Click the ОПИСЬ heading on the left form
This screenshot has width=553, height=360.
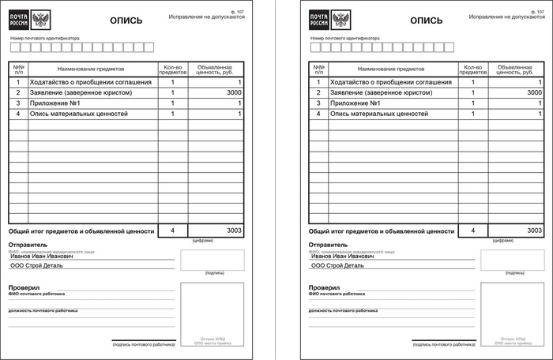[x=126, y=22]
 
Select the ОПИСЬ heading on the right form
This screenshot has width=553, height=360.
[x=427, y=22]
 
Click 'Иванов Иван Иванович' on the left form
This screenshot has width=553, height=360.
[x=42, y=257]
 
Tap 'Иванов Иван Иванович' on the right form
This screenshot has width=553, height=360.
[x=343, y=257]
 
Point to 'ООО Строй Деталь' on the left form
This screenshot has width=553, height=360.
[x=37, y=266]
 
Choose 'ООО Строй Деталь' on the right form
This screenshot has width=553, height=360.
[x=338, y=266]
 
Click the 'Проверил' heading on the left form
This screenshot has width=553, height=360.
[x=24, y=288]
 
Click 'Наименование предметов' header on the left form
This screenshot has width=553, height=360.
[x=92, y=70]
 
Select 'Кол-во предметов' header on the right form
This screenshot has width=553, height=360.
[x=473, y=70]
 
